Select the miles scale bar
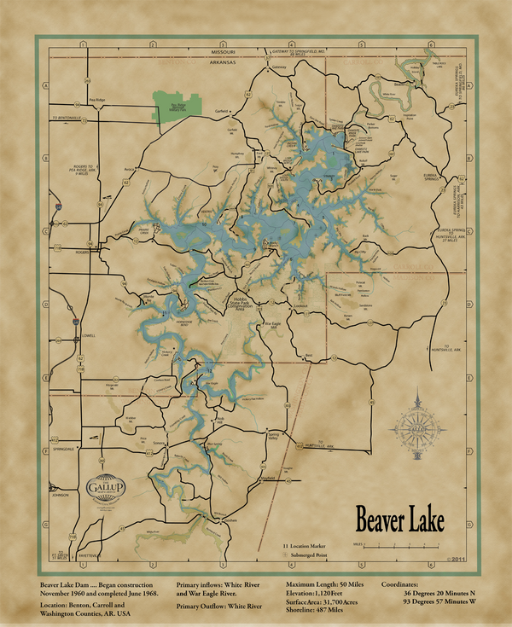(409, 544)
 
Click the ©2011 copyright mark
(456, 560)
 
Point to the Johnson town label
(59, 494)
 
